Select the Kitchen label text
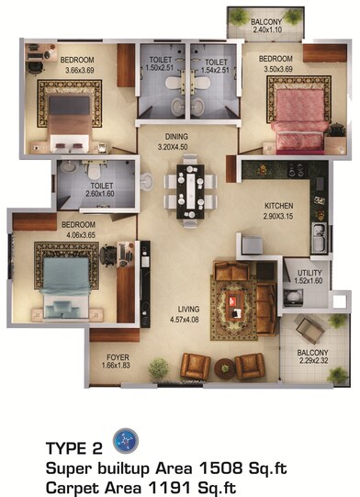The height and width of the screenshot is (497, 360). point(277,206)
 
